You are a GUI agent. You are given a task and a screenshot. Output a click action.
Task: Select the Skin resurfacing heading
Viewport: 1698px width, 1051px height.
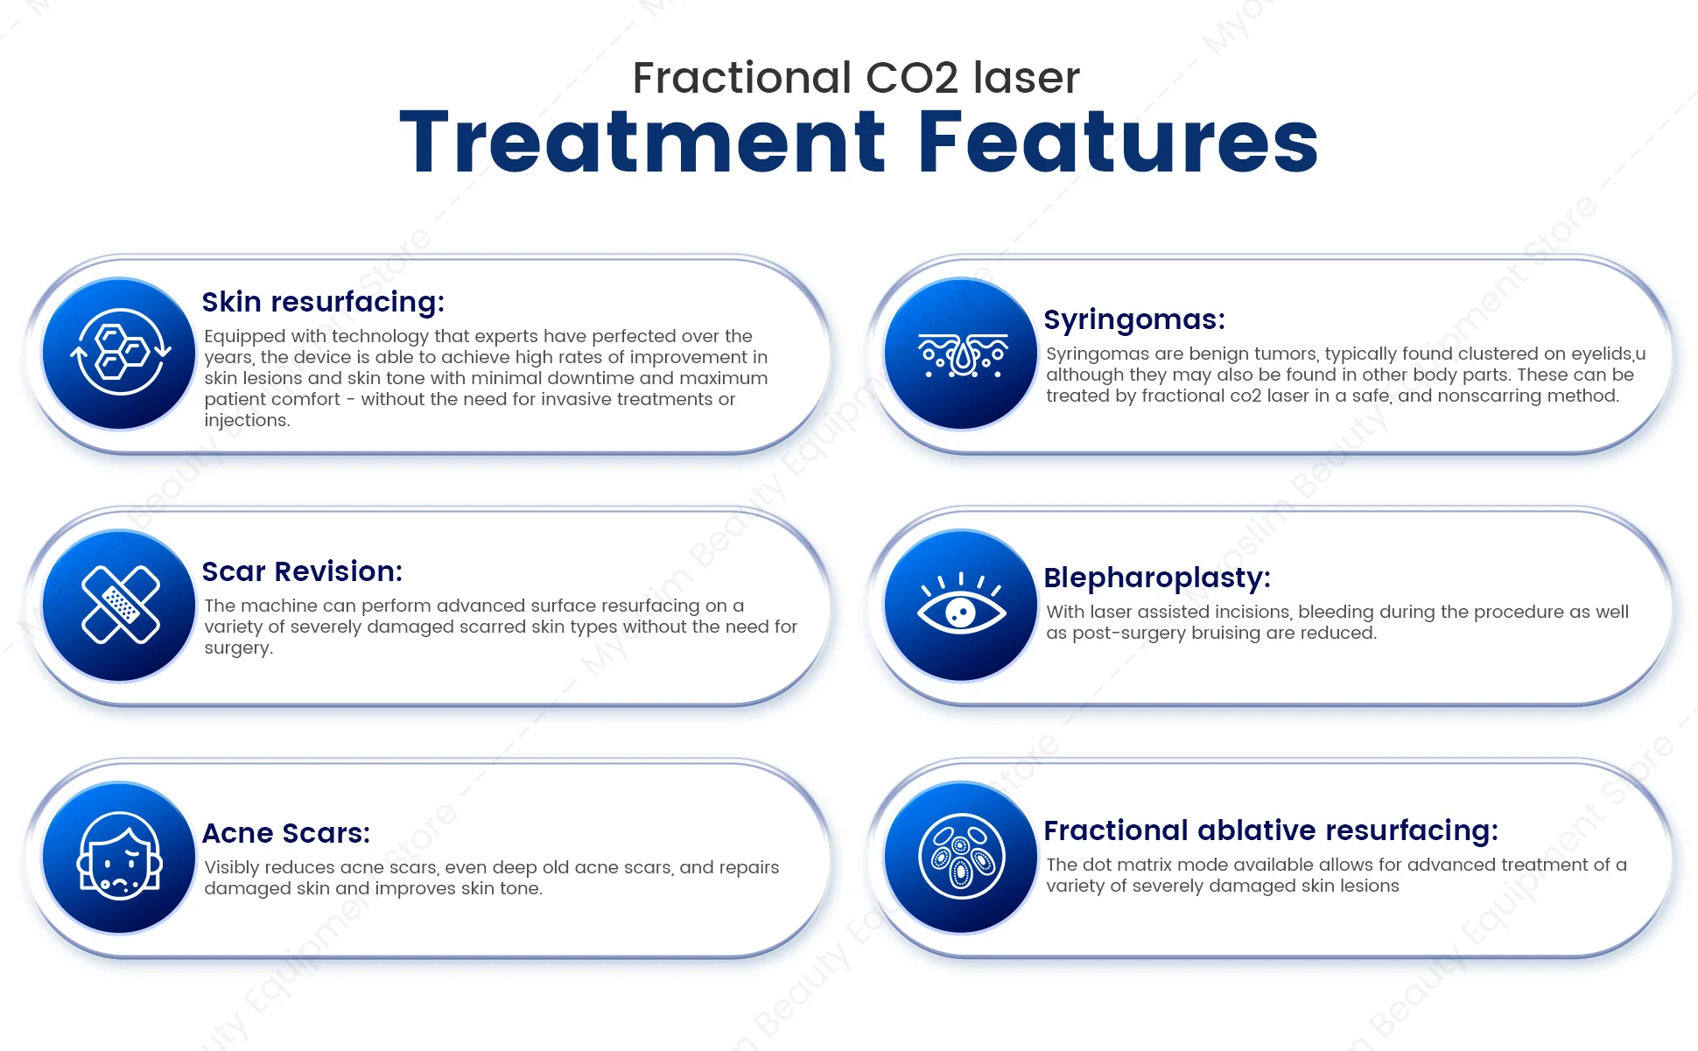(323, 302)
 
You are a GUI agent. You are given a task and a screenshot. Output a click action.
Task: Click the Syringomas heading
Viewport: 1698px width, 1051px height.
(1134, 320)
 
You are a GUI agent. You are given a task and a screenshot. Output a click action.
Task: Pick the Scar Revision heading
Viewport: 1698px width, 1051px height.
(302, 571)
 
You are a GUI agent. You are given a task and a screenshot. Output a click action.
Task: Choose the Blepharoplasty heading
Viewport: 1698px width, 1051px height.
(1157, 578)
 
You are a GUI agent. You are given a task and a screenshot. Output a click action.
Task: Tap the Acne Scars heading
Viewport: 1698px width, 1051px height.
(286, 833)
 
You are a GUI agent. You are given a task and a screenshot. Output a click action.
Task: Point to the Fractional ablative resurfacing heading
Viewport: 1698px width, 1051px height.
(1271, 830)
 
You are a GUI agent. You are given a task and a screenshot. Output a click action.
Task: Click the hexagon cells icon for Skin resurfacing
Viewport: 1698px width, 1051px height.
(120, 353)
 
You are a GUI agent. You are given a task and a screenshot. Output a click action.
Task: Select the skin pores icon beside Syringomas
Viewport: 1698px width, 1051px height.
(962, 355)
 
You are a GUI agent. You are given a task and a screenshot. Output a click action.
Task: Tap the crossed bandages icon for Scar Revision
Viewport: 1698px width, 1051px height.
(120, 605)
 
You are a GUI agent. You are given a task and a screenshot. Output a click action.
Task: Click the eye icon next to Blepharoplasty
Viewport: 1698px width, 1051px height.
(961, 604)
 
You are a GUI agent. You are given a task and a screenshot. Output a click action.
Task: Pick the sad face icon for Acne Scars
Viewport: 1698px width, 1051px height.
(120, 857)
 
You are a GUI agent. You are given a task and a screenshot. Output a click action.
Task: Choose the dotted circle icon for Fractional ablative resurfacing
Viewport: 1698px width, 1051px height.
(961, 857)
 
